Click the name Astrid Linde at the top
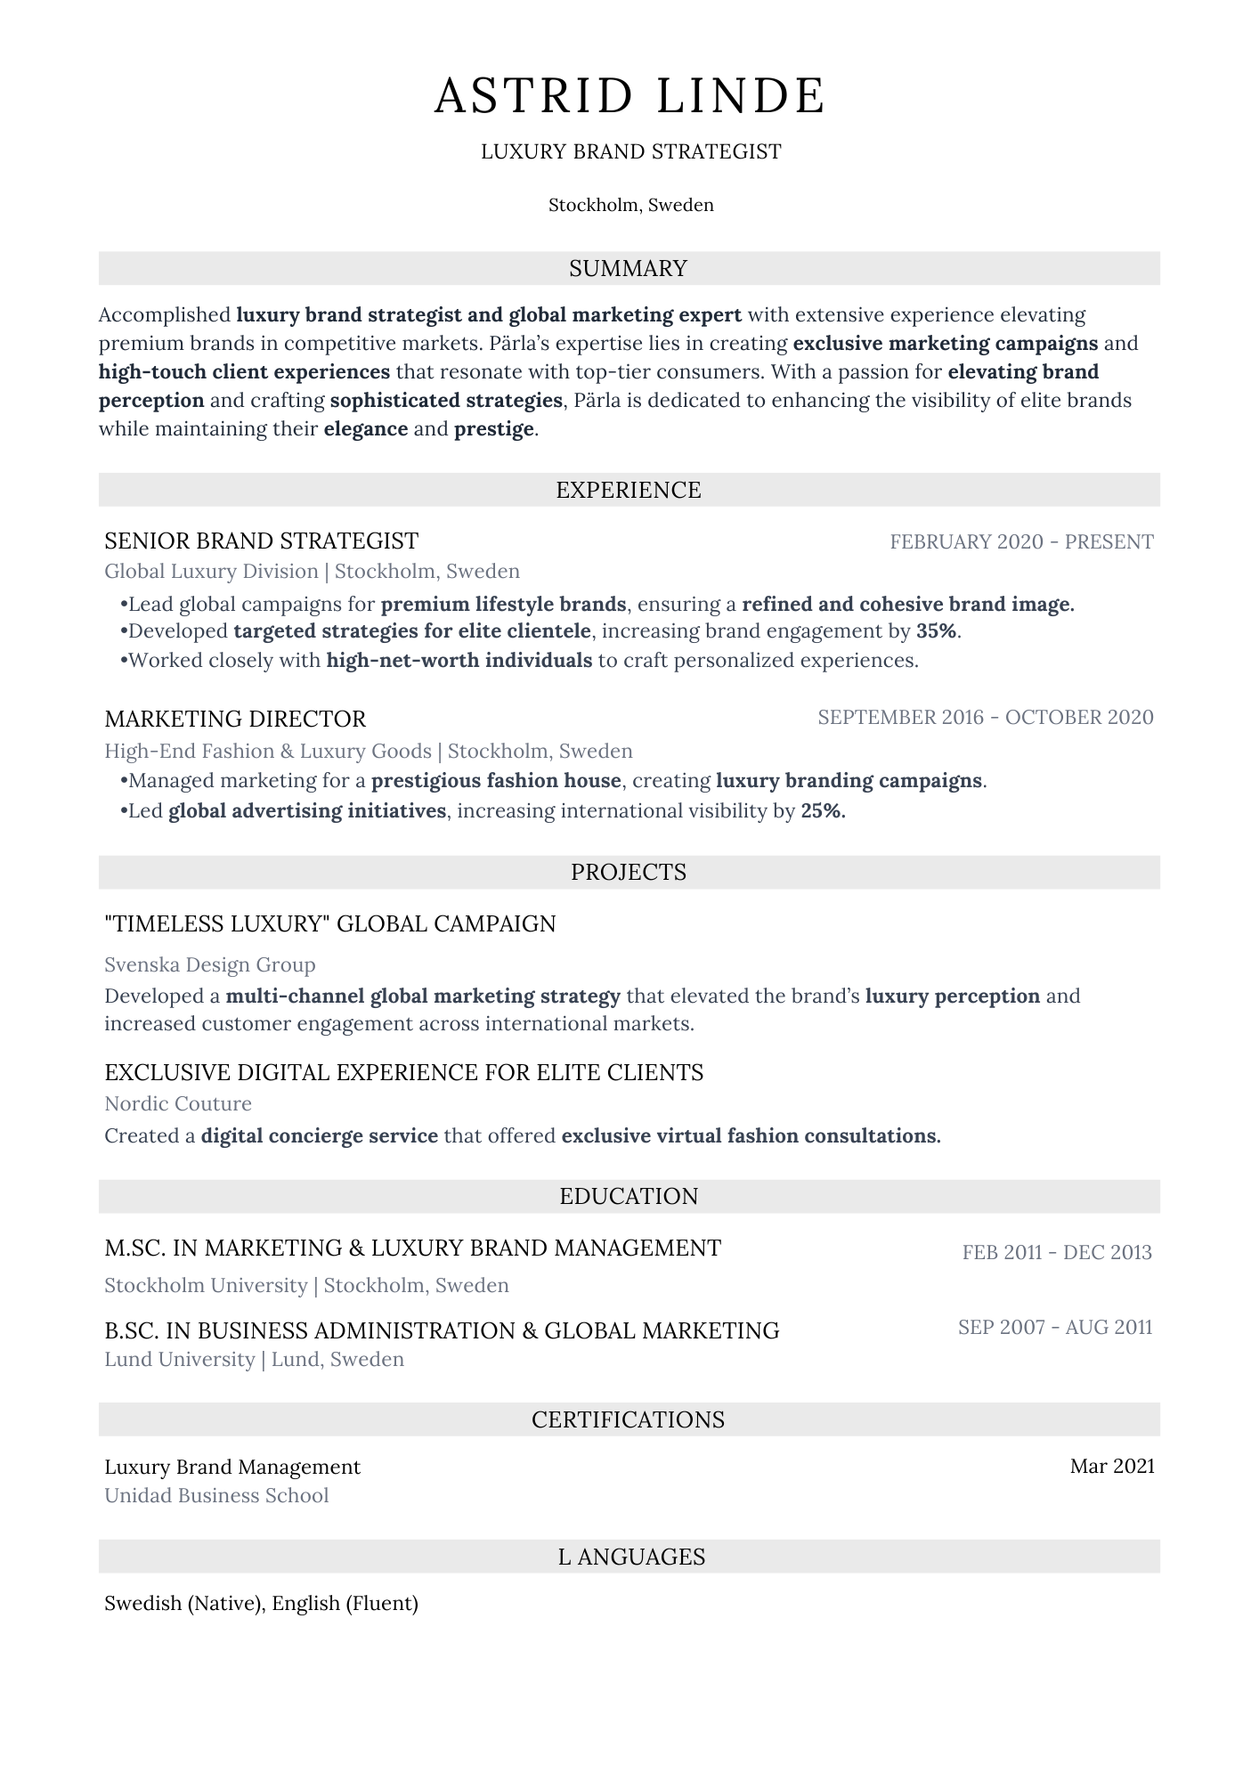[x=629, y=96]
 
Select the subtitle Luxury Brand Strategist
[x=630, y=152]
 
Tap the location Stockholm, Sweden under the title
[x=630, y=206]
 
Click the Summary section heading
[x=629, y=269]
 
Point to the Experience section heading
[x=629, y=490]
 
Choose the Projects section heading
[x=629, y=872]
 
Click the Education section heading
[x=629, y=1196]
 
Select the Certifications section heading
[x=629, y=1419]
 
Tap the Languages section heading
[x=631, y=1557]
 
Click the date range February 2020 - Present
[x=1021, y=542]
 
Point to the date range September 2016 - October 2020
[x=985, y=718]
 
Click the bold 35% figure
[x=938, y=631]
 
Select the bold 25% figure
[x=822, y=811]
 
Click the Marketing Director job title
[x=235, y=719]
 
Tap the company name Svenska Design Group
[x=210, y=965]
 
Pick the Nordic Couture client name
[x=178, y=1104]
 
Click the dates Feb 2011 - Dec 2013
[x=1057, y=1253]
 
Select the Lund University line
[x=254, y=1360]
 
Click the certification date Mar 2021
[x=1112, y=1467]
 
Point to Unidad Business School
[x=216, y=1496]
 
